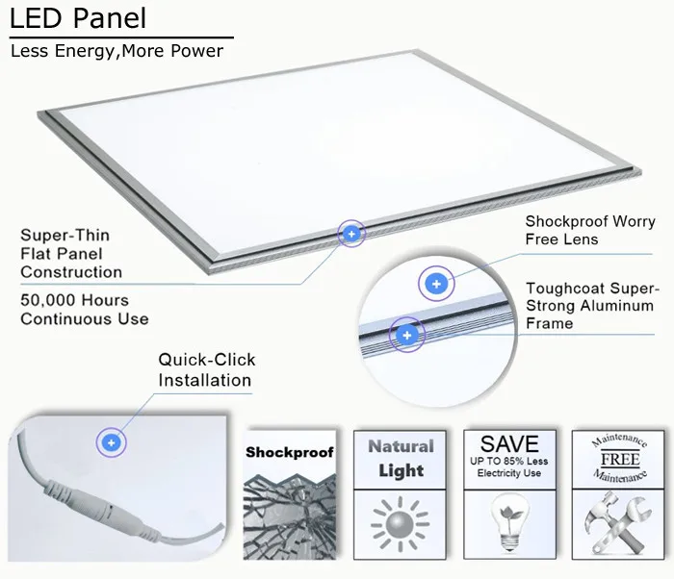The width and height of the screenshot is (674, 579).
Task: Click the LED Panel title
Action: pyautogui.click(x=79, y=18)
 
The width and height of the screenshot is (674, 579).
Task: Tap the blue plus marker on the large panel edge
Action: pyautogui.click(x=351, y=234)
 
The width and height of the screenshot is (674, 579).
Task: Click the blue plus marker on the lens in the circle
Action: pyautogui.click(x=436, y=284)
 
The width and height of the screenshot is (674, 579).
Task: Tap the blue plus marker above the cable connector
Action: pyautogui.click(x=112, y=442)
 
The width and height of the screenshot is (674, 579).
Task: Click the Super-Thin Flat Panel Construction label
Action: pyautogui.click(x=71, y=254)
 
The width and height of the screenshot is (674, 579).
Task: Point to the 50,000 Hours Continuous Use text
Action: pyautogui.click(x=84, y=309)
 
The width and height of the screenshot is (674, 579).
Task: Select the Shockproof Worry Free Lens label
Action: pyautogui.click(x=589, y=231)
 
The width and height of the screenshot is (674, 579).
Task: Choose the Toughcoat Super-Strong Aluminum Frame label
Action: pyautogui.click(x=591, y=306)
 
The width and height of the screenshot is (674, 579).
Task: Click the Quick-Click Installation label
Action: pyautogui.click(x=206, y=369)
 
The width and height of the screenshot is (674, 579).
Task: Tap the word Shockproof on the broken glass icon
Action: pyautogui.click(x=289, y=452)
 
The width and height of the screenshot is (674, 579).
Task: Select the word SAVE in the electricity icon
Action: pyautogui.click(x=509, y=443)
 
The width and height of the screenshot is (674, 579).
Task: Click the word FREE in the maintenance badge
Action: pyautogui.click(x=620, y=460)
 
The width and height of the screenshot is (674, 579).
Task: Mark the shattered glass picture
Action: pyautogui.click(x=289, y=510)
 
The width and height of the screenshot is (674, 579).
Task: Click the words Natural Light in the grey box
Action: pyautogui.click(x=401, y=459)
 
